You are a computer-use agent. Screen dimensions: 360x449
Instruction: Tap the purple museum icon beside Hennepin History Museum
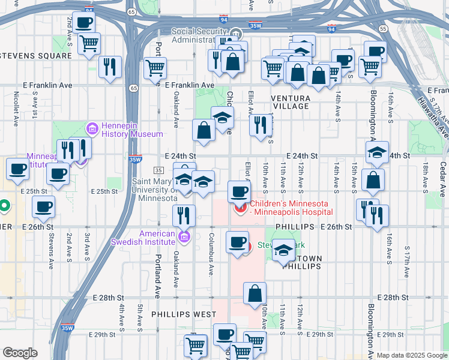(92, 128)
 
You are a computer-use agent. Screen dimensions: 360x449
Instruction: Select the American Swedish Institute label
(158, 237)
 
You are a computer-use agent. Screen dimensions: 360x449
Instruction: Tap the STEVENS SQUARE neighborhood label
(36, 56)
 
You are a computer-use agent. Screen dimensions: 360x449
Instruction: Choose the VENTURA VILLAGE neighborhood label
(291, 102)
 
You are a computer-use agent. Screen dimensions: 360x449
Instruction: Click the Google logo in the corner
(20, 353)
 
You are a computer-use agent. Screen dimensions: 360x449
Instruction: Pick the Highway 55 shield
(382, 28)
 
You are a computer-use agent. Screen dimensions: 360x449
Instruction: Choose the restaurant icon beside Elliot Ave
(260, 125)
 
